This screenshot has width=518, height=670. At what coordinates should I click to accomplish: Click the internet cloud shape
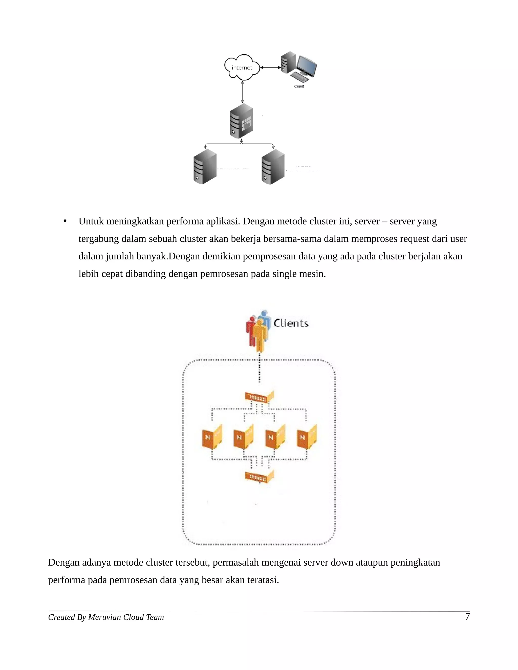click(242, 68)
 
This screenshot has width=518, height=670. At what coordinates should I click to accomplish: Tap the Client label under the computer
click(299, 86)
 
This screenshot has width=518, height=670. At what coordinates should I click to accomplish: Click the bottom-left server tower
click(205, 167)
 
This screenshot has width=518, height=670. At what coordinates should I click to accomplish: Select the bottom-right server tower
click(273, 167)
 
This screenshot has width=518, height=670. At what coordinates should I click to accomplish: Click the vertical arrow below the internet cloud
click(242, 92)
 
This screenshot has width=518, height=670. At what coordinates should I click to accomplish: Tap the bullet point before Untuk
click(65, 221)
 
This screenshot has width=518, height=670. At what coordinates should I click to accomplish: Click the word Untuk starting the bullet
click(91, 221)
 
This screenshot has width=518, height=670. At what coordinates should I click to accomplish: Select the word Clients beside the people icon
click(291, 323)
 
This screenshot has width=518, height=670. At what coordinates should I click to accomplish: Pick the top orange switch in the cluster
click(259, 397)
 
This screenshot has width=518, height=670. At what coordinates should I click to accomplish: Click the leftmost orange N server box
click(212, 437)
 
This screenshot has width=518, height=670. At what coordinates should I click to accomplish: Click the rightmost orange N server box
click(307, 437)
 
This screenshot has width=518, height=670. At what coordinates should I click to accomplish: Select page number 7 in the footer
click(467, 617)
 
